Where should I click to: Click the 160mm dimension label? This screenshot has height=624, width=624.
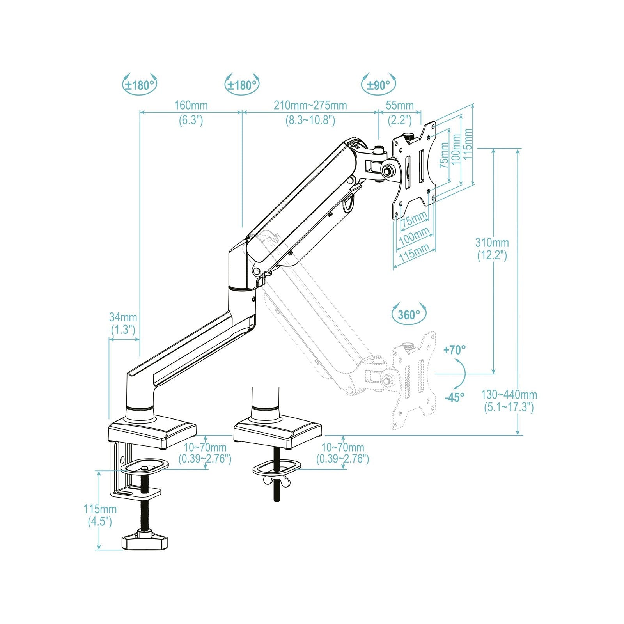pos(191,105)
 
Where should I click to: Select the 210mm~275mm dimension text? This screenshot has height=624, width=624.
pos(310,105)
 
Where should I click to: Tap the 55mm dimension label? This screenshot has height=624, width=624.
pos(400,105)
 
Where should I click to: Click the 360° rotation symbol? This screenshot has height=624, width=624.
pos(408,314)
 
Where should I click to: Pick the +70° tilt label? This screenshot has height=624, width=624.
pos(454,350)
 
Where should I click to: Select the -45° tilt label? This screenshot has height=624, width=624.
pos(454,397)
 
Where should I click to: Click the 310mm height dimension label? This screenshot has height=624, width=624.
pos(492,243)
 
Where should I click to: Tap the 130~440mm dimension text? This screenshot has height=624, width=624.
pos(509,395)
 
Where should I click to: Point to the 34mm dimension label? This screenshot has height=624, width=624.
pos(123,317)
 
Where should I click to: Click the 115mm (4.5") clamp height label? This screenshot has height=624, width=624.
pos(100,509)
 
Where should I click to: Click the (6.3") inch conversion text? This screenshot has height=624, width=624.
pos(191,120)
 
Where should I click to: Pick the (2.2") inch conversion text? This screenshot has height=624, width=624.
pos(400,120)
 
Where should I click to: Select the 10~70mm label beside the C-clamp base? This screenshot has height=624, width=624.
pos(205,447)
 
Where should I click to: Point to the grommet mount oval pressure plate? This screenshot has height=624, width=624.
pos(277,467)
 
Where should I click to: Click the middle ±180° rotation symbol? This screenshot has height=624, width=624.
pos(242,85)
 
